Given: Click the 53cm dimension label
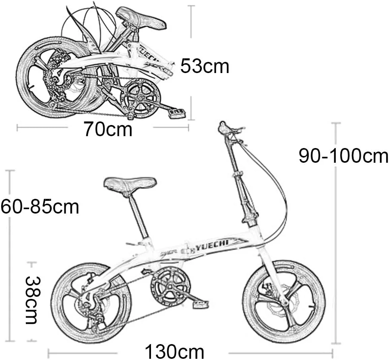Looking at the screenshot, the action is tap(204, 66).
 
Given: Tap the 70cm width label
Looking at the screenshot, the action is tap(108, 129).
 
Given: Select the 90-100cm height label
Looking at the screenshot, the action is tap(343, 156).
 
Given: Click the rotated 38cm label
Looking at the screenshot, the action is tap(33, 300).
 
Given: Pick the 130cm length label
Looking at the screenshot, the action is tap(174, 351).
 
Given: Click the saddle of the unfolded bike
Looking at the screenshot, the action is tap(130, 185).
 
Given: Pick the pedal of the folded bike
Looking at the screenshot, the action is tap(177, 112).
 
